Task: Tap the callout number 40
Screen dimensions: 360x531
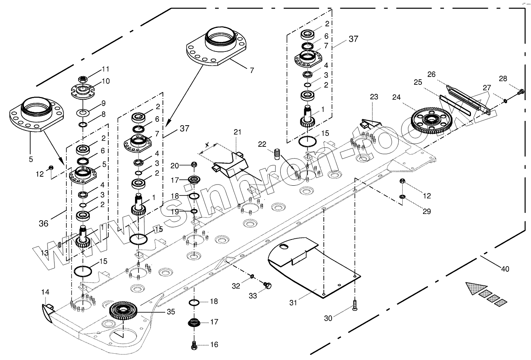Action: (x=505, y=269)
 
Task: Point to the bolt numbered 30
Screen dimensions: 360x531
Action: (x=355, y=305)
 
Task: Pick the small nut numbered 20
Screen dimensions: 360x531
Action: (x=193, y=164)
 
